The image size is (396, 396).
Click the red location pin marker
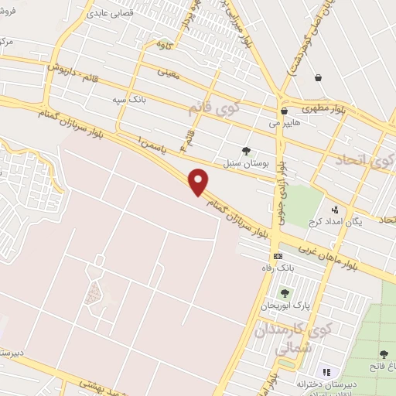200,182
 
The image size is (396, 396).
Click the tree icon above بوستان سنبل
246,152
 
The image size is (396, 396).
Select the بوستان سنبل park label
247,164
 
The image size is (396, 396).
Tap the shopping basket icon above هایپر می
285,111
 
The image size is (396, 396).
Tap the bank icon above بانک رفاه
277,257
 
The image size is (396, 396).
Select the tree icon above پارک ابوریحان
284,293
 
